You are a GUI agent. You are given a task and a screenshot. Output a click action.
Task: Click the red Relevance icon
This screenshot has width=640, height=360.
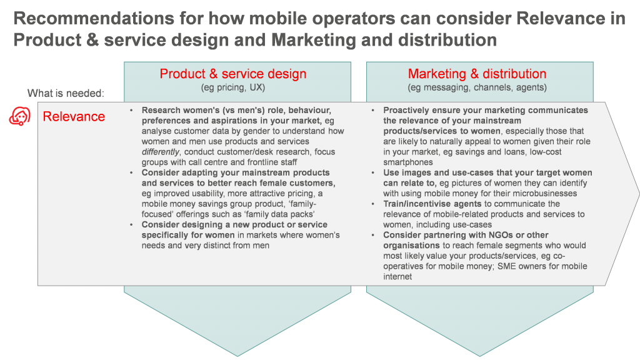click(20, 117)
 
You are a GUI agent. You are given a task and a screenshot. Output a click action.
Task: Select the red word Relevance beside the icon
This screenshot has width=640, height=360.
click(74, 117)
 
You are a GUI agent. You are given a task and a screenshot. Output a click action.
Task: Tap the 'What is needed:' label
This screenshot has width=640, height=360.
click(66, 94)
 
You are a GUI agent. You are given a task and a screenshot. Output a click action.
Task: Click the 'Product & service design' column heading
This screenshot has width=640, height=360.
click(233, 74)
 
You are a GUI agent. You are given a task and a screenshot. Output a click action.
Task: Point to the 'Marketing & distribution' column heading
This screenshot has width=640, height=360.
click(477, 74)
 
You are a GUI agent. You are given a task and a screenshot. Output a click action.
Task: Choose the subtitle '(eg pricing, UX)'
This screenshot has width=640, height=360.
click(233, 87)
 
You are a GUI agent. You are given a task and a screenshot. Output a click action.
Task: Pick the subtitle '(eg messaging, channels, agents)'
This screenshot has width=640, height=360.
click(477, 87)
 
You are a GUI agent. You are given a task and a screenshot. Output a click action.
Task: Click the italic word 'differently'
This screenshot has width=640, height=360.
click(161, 152)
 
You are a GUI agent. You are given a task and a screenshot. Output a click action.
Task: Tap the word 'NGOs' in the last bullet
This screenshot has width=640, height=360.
click(501, 235)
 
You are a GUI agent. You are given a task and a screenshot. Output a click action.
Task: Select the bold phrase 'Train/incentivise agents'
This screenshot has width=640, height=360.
click(432, 204)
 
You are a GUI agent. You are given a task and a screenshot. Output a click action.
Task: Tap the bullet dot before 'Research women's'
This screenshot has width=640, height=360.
click(131, 111)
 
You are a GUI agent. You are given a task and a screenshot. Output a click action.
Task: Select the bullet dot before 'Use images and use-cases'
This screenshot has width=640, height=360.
click(373, 173)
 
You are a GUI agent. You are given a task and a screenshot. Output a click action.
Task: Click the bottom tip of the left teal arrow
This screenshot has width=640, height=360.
click(237, 356)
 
